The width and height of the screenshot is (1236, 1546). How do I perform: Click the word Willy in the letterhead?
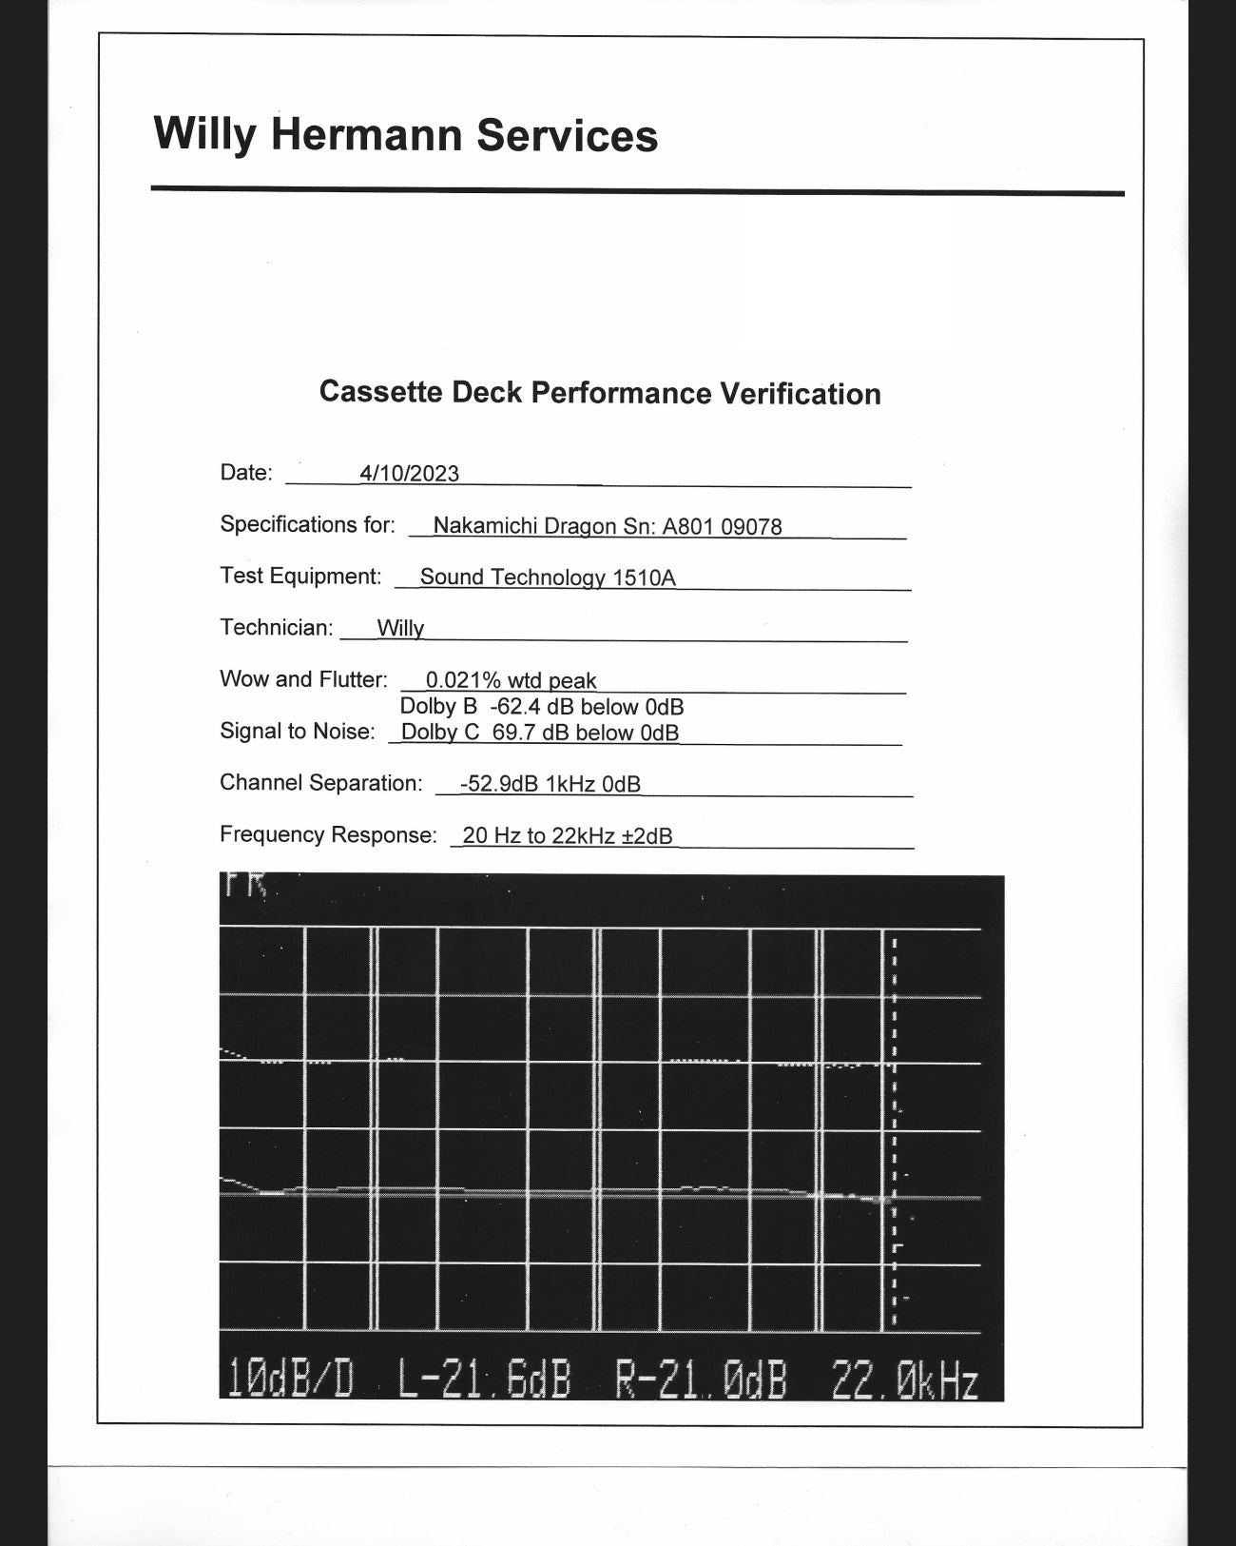tap(204, 134)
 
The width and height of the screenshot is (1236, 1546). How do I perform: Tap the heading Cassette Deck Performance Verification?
tap(600, 393)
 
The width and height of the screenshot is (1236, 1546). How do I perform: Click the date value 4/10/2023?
tap(409, 474)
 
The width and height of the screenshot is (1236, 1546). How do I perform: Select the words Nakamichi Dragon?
tap(524, 526)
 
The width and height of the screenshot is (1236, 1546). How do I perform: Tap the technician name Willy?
tap(400, 629)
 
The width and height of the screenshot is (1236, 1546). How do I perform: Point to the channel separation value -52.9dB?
tap(499, 784)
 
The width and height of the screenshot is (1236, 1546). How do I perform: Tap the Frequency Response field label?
tap(328, 835)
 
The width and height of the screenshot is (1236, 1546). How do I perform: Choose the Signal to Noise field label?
tap(297, 732)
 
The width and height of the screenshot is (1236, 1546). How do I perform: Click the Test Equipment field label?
tap(300, 577)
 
